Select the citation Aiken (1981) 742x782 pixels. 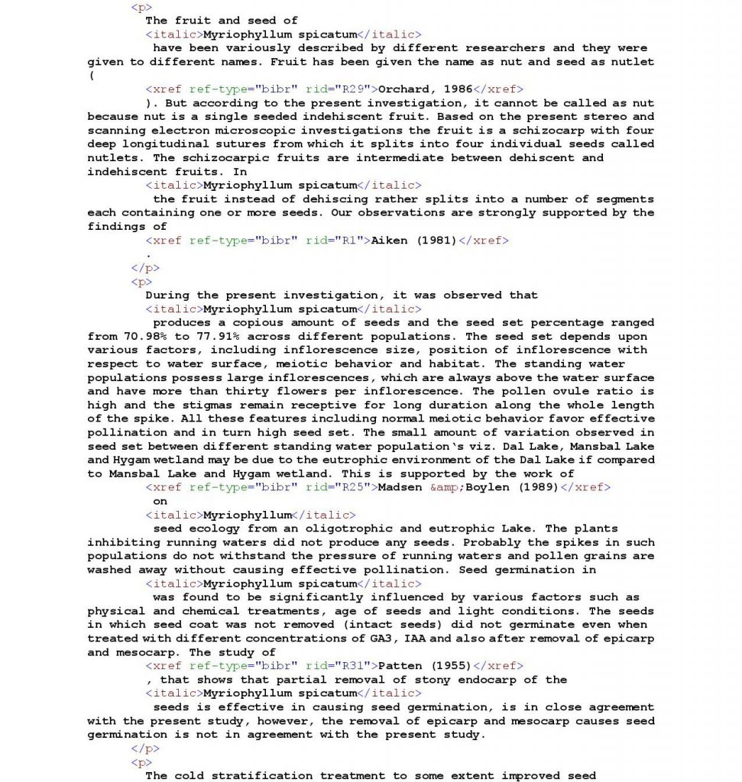tap(413, 241)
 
